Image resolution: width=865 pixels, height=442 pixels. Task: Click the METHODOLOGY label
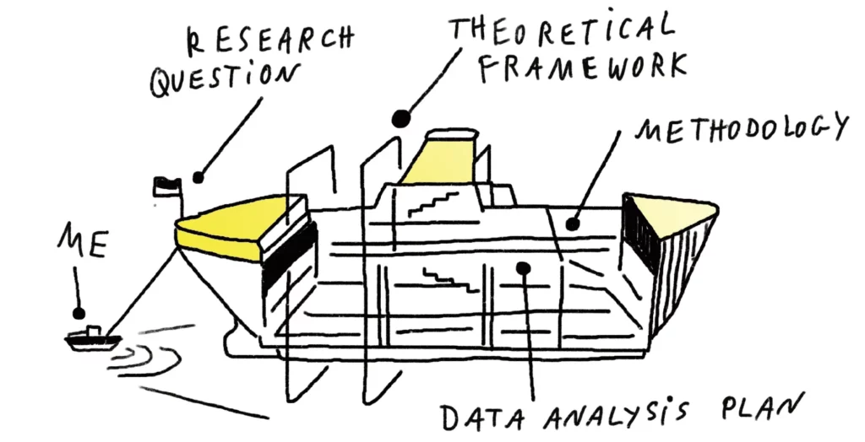[741, 129]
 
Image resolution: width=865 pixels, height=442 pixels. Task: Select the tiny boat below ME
[92, 337]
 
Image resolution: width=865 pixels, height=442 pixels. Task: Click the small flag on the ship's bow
[165, 186]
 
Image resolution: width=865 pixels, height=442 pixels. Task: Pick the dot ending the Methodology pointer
[572, 224]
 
